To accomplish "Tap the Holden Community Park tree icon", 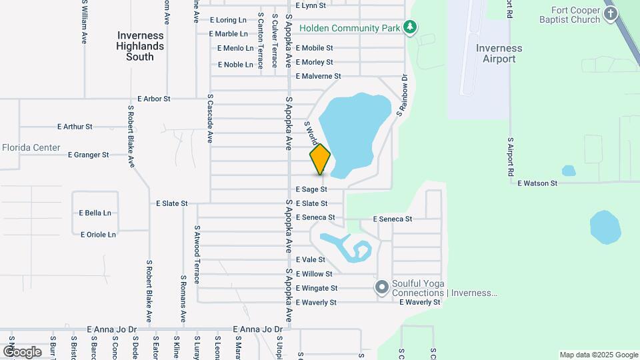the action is pyautogui.click(x=411, y=28).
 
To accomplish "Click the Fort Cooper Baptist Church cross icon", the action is pyautogui.click(x=610, y=14).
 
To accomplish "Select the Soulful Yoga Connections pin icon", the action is pyautogui.click(x=382, y=288).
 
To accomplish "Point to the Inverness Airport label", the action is pyautogui.click(x=499, y=53).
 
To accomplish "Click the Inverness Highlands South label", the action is pyautogui.click(x=140, y=46).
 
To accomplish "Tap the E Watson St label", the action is pyautogui.click(x=537, y=183).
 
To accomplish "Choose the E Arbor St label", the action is pyautogui.click(x=154, y=99).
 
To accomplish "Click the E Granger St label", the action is pyautogui.click(x=89, y=155).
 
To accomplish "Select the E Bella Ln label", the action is pyautogui.click(x=95, y=213).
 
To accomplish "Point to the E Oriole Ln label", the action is pyautogui.click(x=98, y=235).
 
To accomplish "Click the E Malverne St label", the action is pyautogui.click(x=319, y=77).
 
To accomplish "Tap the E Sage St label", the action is pyautogui.click(x=311, y=190).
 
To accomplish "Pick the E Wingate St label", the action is pyautogui.click(x=317, y=289).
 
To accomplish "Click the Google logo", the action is pyautogui.click(x=22, y=351).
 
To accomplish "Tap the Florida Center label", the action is pyautogui.click(x=31, y=147).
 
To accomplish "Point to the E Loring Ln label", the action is pyautogui.click(x=228, y=21).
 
